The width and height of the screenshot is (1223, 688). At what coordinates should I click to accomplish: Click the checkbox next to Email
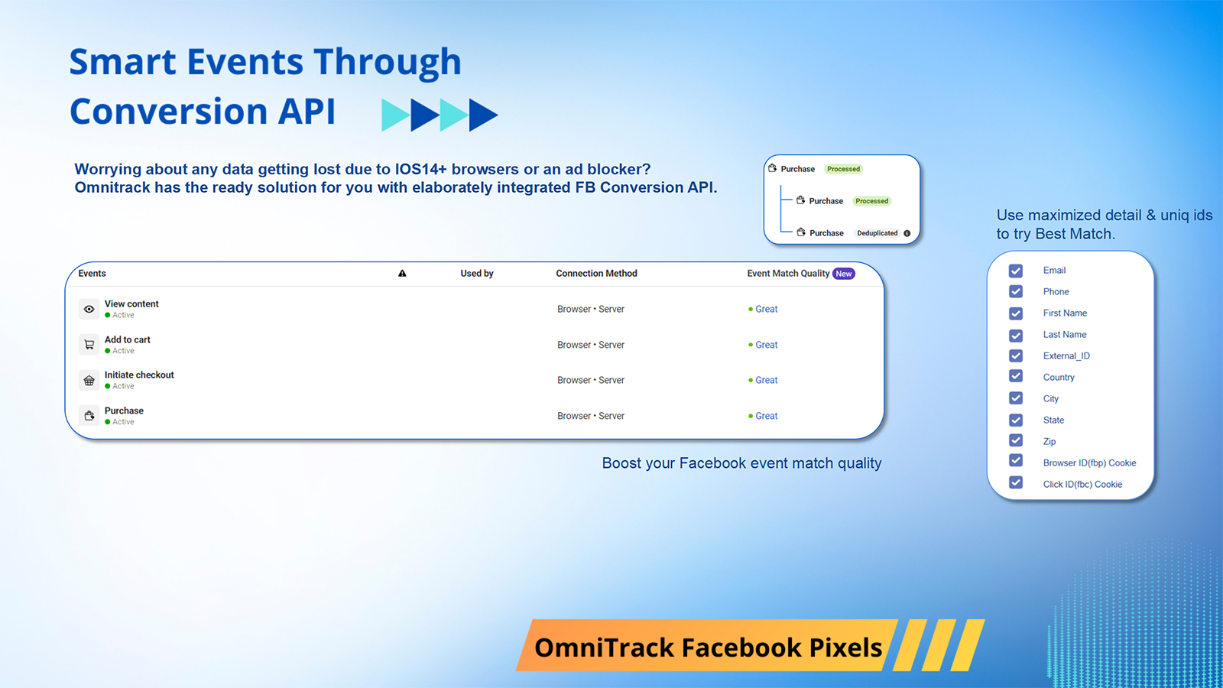(x=1016, y=271)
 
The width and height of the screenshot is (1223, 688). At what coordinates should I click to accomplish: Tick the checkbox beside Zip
(x=1016, y=440)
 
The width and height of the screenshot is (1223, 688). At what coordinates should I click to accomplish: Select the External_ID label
(x=1066, y=356)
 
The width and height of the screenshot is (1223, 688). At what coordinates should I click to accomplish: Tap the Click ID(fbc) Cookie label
(x=1082, y=485)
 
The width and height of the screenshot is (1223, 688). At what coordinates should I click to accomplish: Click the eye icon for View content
(x=89, y=310)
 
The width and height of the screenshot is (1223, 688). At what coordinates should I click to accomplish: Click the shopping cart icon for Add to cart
(x=89, y=345)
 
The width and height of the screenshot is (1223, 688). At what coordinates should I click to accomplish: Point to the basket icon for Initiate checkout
(x=89, y=381)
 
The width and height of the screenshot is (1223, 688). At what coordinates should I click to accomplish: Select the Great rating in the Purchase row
(x=766, y=416)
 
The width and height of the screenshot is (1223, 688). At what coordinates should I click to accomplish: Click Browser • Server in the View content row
(x=591, y=310)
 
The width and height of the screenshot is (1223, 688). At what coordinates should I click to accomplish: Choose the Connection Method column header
(x=596, y=274)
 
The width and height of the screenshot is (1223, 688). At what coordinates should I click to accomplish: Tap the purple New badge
(x=844, y=274)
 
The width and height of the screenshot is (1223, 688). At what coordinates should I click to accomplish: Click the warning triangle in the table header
(x=402, y=274)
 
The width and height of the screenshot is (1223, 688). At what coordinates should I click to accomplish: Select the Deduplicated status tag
(x=877, y=233)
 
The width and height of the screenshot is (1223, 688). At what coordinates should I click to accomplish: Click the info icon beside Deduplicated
(x=907, y=233)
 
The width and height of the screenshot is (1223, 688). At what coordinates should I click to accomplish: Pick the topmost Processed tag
(x=843, y=169)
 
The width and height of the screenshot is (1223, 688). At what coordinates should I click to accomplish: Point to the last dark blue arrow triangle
(x=482, y=115)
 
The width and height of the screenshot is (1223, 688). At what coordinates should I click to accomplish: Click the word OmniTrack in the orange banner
(x=604, y=647)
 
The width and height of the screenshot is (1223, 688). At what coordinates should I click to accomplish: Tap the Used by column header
(x=477, y=274)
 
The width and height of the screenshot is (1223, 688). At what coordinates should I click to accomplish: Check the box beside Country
(x=1016, y=376)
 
